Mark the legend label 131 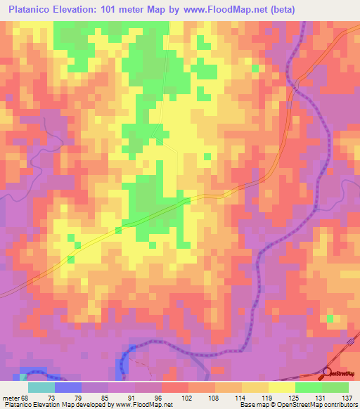(321, 398)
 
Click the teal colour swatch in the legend (41, 387)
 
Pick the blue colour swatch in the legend (67, 387)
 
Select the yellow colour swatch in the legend (281, 387)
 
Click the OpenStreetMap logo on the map (340, 374)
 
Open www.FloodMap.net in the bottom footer (145, 405)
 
